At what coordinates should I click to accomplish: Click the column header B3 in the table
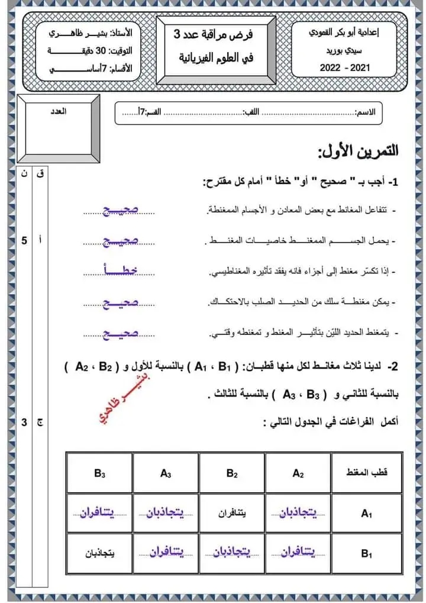(99, 473)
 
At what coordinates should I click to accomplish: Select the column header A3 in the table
(166, 473)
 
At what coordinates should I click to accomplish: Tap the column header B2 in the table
(231, 473)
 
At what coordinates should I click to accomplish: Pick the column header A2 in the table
(298, 473)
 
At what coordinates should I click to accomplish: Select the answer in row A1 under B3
(99, 513)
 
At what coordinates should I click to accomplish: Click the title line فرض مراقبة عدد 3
(216, 36)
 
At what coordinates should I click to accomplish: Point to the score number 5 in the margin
(24, 241)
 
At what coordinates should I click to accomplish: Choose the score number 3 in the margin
(24, 422)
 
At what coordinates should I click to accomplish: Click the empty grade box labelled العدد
(58, 128)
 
